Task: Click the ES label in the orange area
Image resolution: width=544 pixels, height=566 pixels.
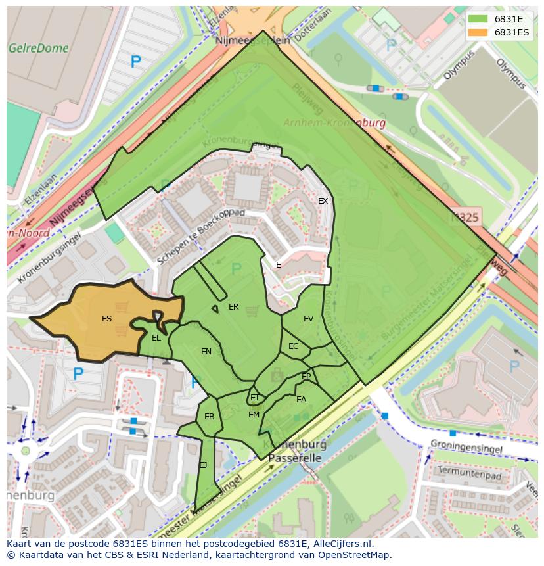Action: coord(106,319)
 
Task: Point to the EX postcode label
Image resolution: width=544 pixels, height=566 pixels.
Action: coord(323,201)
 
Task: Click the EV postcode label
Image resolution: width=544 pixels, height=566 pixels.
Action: coord(308,319)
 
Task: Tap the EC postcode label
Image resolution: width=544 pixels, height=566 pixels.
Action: coord(293,346)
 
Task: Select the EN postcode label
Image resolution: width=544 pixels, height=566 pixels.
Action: coord(206,352)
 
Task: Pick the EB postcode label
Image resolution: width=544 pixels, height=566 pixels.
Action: coord(209,417)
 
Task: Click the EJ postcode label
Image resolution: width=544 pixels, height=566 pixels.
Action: coord(203,465)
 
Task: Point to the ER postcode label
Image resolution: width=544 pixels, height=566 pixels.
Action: coord(233,307)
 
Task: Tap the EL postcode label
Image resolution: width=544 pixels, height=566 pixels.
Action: coord(156,338)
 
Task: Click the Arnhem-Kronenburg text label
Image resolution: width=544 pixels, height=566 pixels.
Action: coord(334,123)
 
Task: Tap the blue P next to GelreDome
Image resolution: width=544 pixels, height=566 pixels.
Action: coord(135,62)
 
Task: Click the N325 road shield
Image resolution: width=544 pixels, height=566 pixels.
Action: coord(465,217)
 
